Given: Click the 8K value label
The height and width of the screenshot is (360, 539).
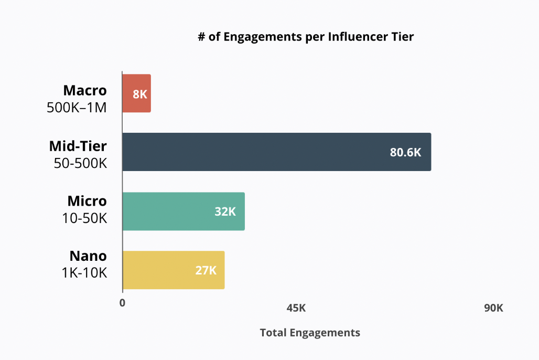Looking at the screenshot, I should [x=139, y=94].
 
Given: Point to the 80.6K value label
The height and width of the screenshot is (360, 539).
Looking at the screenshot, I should [x=405, y=153].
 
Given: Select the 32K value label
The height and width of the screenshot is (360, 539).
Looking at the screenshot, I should [x=225, y=212].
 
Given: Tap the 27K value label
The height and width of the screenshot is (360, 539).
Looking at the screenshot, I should [x=206, y=271].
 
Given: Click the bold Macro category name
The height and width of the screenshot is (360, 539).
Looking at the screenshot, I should [x=85, y=90].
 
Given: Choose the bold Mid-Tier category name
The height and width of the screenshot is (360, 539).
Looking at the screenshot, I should [x=78, y=146].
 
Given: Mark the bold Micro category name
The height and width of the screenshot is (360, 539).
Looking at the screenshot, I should [x=87, y=201].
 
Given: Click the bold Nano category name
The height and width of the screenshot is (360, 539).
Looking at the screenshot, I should [x=88, y=256].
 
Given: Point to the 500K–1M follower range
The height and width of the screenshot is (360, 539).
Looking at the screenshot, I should [x=77, y=108].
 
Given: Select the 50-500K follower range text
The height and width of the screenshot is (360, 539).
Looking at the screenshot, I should [x=80, y=163].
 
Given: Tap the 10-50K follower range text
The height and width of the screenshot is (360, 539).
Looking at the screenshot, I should [x=84, y=218].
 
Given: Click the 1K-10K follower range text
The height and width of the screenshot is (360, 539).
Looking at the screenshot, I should [x=84, y=273].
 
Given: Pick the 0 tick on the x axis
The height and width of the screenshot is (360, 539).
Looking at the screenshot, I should [x=122, y=303].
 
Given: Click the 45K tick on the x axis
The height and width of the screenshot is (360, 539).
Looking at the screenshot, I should [x=296, y=308].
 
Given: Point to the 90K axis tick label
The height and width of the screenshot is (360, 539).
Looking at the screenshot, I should [x=493, y=308].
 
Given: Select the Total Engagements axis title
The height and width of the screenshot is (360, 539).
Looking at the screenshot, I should [x=310, y=333].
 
